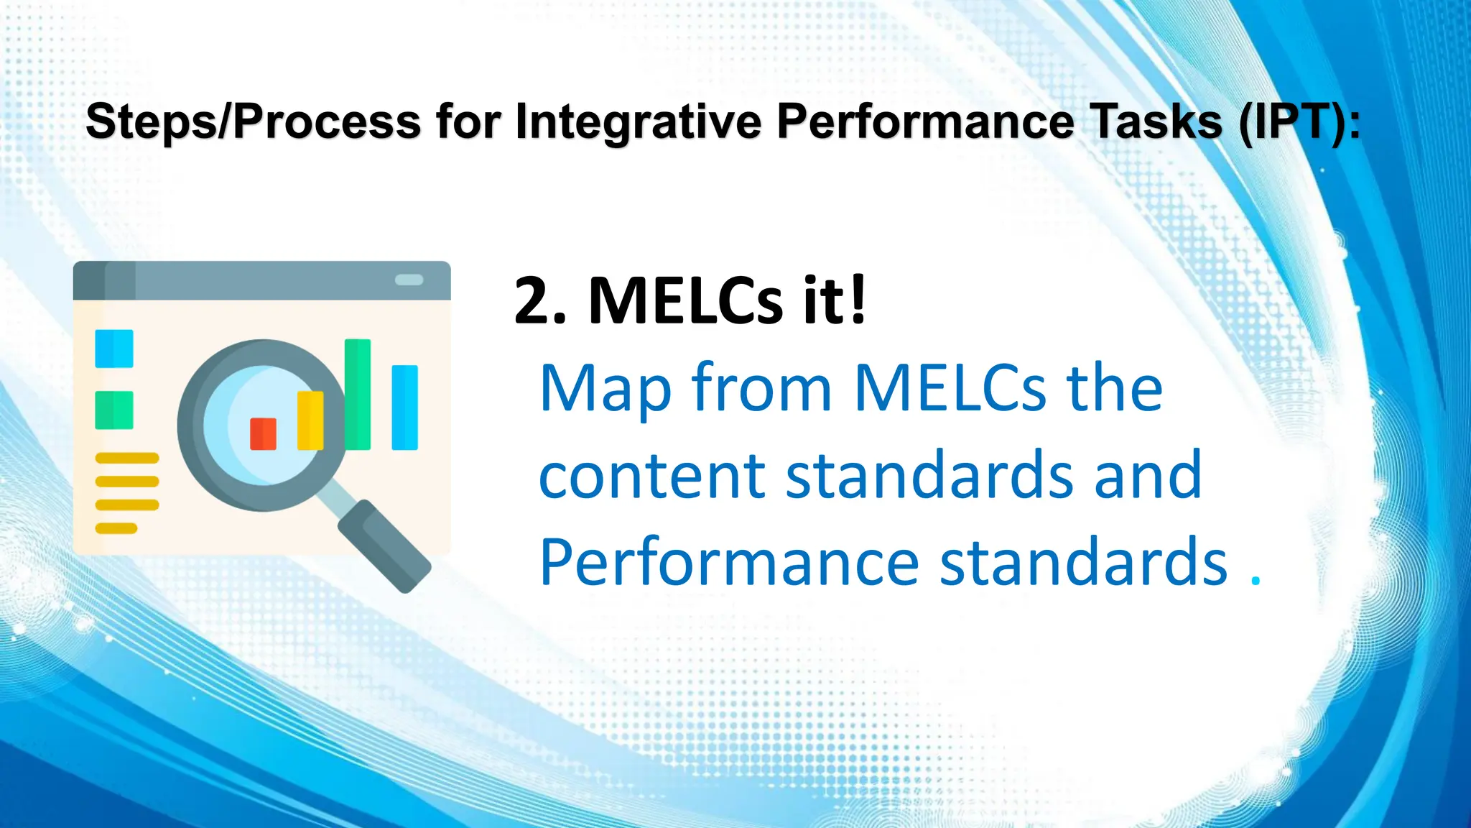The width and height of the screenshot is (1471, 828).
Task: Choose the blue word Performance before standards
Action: tap(729, 562)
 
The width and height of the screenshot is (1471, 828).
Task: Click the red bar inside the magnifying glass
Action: tap(263, 433)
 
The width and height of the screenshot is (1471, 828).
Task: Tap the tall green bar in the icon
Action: tap(358, 394)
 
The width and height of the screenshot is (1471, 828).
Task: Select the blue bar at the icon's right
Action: tap(404, 407)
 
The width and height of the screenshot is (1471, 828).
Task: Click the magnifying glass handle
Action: tap(384, 546)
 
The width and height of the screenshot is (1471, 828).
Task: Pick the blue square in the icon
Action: tap(114, 349)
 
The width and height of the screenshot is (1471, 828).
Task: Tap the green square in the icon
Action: tap(114, 410)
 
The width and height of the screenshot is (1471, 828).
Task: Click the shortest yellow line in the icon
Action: tap(116, 529)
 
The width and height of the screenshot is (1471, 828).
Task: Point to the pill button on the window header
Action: tap(409, 280)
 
